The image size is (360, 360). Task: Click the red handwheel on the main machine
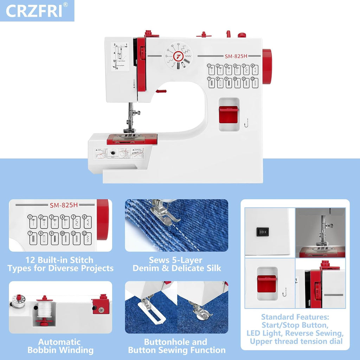coord(267,66)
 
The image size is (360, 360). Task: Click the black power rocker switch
coord(262,232)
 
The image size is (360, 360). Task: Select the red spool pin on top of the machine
coord(203,34)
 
